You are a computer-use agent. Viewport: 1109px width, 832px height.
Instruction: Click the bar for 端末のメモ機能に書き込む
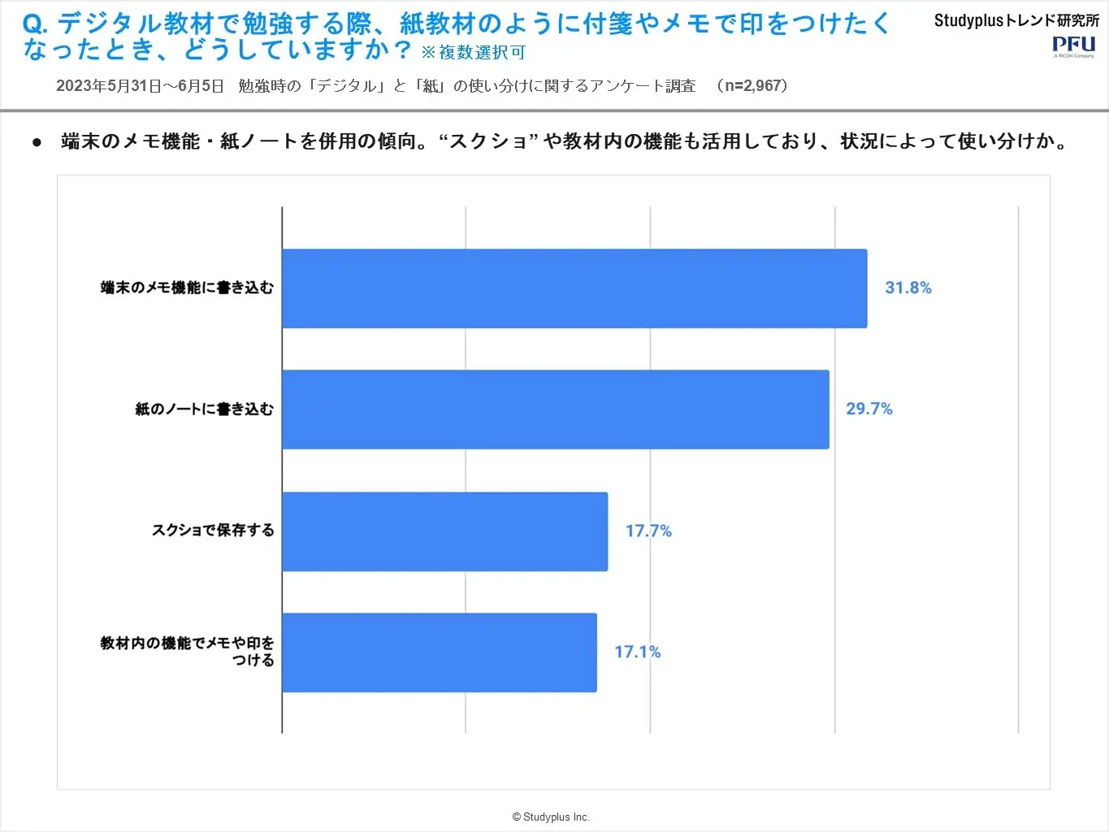click(574, 288)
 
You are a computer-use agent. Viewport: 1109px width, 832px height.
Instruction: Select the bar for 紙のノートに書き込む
click(556, 409)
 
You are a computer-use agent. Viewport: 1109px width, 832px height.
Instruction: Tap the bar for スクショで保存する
click(445, 531)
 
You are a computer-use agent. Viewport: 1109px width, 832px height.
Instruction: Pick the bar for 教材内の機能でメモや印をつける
click(440, 652)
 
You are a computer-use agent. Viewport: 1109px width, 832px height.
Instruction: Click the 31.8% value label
click(908, 288)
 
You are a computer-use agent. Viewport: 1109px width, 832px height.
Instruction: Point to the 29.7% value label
click(869, 409)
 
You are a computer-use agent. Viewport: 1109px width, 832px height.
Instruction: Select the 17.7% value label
click(648, 531)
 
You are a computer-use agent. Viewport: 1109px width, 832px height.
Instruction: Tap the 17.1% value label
click(638, 652)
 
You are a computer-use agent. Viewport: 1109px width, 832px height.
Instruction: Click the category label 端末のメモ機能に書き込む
click(187, 288)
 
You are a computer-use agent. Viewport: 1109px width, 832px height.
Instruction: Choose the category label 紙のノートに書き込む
click(205, 409)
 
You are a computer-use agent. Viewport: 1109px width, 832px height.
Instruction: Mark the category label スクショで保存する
click(213, 531)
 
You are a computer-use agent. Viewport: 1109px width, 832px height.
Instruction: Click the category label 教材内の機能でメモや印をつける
click(188, 652)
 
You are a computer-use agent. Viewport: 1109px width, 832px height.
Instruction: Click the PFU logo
click(1073, 45)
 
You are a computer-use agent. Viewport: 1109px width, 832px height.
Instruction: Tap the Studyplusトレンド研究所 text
click(1016, 20)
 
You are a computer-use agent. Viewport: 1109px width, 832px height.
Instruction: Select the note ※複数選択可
click(473, 53)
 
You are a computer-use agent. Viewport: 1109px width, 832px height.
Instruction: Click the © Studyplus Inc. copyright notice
click(551, 817)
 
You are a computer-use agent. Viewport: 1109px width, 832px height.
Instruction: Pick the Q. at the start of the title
click(36, 24)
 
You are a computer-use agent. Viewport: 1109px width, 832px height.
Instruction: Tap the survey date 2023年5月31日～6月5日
click(140, 86)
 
